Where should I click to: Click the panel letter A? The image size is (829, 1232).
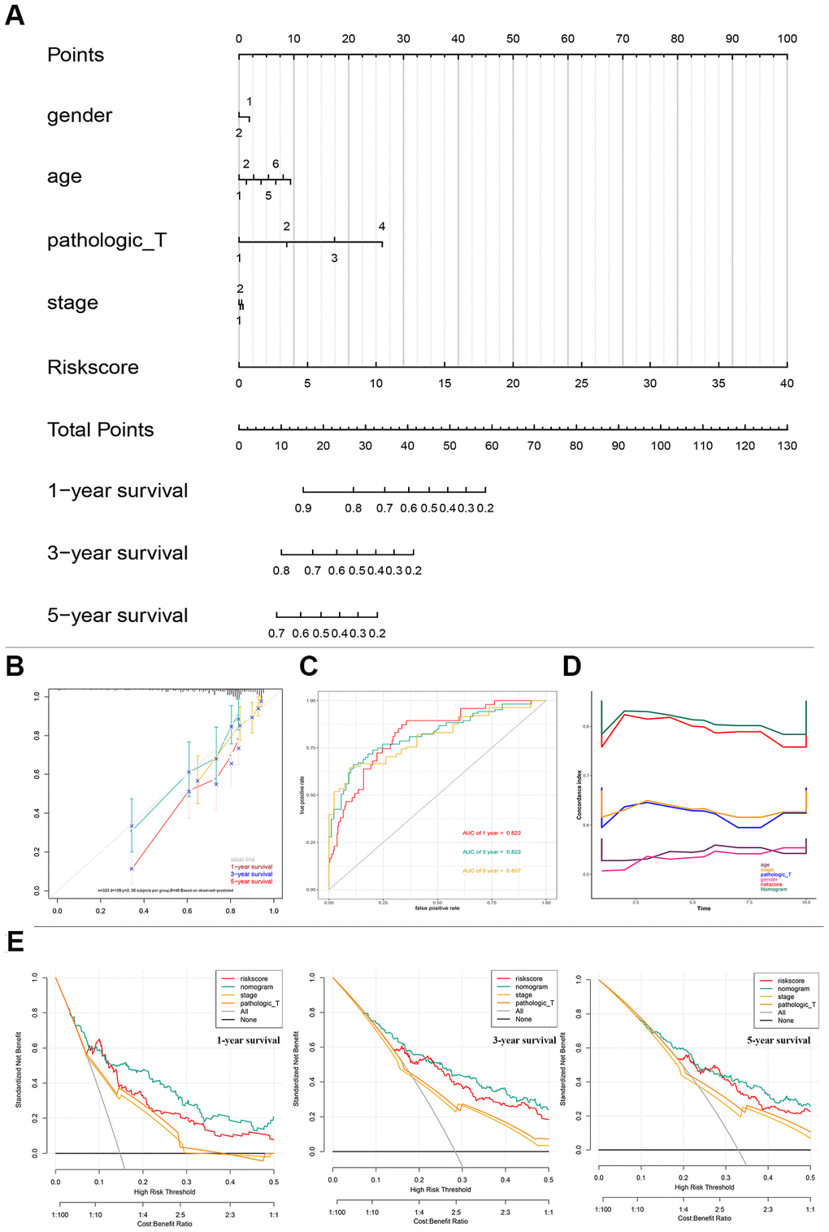pos(15,15)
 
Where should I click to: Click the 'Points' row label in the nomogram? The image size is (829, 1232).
pos(76,55)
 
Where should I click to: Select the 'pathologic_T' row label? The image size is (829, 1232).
pos(106,241)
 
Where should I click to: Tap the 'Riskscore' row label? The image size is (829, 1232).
pos(93,368)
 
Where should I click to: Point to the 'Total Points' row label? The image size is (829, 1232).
pos(100,430)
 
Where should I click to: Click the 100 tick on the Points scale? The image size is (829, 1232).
pos(787,39)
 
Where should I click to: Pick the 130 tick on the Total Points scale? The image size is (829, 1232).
pos(787,446)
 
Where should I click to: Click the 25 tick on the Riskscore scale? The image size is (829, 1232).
pos(581,383)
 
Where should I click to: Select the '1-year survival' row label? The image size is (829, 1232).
pos(117,491)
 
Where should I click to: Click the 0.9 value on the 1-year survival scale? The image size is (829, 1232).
pos(303,508)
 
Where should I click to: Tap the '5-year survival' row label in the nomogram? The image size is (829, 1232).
pos(117,616)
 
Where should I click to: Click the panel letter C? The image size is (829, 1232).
pos(308,667)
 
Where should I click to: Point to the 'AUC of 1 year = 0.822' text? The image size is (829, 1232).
pos(492,833)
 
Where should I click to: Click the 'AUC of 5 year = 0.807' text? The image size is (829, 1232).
pos(492,870)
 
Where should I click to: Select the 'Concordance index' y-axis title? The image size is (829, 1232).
pos(579,794)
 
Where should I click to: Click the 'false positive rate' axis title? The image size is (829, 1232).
pos(437,908)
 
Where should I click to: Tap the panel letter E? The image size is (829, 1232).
pos(14,942)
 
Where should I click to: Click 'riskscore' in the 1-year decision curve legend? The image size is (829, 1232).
pos(254,979)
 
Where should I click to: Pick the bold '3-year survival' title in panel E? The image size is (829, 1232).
pos(524,1040)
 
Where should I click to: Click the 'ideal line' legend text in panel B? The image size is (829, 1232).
pos(242,860)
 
